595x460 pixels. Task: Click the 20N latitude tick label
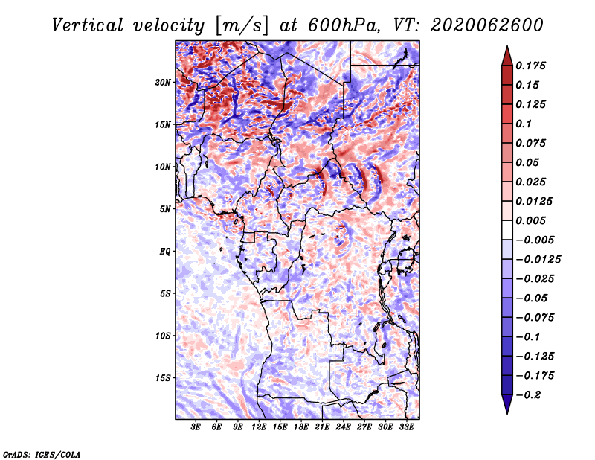pos(163,83)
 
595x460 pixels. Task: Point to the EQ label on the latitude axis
pos(164,252)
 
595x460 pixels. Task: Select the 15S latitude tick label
pos(163,378)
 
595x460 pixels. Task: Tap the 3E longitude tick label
pos(196,427)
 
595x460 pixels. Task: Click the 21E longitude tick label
pos(322,427)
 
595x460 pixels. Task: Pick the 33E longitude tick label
pos(406,427)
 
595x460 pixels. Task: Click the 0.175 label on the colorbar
pos(530,66)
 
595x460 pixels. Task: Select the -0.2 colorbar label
pos(528,395)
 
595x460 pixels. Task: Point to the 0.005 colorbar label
pos(530,220)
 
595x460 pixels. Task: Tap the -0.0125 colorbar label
pos(538,260)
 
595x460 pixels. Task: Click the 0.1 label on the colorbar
pos(524,124)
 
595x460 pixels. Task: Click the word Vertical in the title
pos(88,25)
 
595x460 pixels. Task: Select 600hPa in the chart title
pos(343,25)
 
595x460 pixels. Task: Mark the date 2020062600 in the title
pos(487,25)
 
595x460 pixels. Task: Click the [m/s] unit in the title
pos(242,25)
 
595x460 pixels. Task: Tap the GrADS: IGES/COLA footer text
pos(42,454)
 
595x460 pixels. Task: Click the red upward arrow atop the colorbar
pos(507,57)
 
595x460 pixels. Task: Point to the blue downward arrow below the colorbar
pos(507,404)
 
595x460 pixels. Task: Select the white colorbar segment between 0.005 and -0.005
pos(507,230)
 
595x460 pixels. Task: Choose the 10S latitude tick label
pos(163,336)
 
